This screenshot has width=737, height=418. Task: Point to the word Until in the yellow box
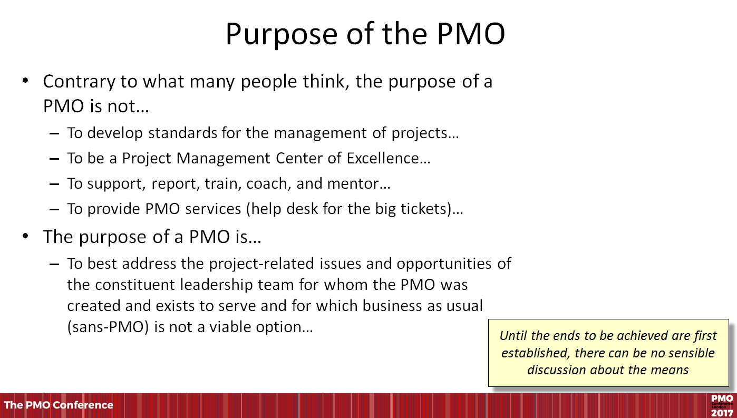click(513, 336)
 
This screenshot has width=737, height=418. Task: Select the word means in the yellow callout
click(671, 370)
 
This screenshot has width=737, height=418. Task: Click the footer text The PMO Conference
click(59, 405)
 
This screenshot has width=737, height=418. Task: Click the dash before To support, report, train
click(54, 184)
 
